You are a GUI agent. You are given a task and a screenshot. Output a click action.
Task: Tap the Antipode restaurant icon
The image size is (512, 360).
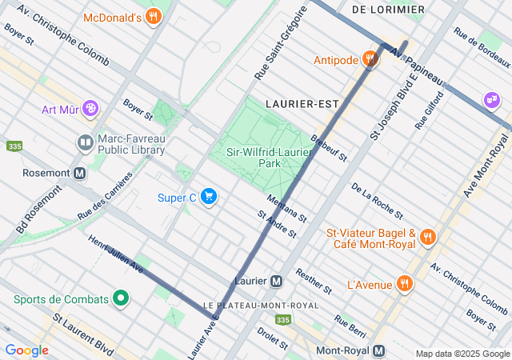tap(369, 58)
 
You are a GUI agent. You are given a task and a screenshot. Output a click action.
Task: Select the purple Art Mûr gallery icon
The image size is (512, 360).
tap(90, 107)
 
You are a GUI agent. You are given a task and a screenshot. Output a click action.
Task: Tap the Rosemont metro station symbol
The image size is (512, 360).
tap(79, 173)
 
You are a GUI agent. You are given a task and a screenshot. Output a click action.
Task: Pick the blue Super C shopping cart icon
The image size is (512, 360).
tap(209, 197)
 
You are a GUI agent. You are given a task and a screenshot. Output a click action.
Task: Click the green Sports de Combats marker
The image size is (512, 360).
tap(121, 299)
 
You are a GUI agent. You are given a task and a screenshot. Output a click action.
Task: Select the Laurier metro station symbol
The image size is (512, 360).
tap(276, 281)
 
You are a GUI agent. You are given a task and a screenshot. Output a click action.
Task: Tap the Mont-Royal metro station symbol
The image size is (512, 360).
tap(379, 350)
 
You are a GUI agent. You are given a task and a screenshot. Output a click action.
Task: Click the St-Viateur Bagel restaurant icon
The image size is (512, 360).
tap(428, 237)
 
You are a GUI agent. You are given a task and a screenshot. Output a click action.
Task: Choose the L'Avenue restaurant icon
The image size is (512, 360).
tap(405, 283)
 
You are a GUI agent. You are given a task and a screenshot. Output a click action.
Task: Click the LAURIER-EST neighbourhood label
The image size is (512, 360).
tap(302, 103)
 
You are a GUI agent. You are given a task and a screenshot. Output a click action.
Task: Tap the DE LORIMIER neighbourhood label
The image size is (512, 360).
tap(388, 10)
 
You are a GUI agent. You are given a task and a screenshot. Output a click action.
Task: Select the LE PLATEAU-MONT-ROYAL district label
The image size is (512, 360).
tap(260, 305)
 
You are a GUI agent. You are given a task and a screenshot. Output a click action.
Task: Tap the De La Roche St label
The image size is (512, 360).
tap(376, 200)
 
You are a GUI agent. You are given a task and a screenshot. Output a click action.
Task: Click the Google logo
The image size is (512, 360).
tap(26, 350)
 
